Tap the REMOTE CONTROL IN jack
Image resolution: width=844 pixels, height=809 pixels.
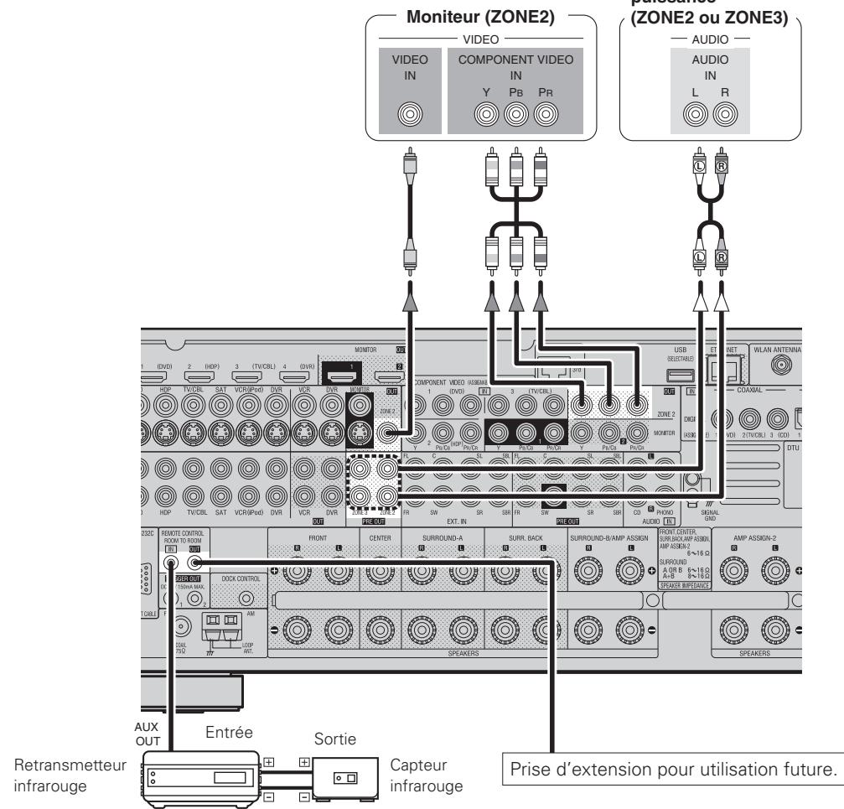pyautogui.click(x=171, y=566)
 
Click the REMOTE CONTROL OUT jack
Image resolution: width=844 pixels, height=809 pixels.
pyautogui.click(x=194, y=566)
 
